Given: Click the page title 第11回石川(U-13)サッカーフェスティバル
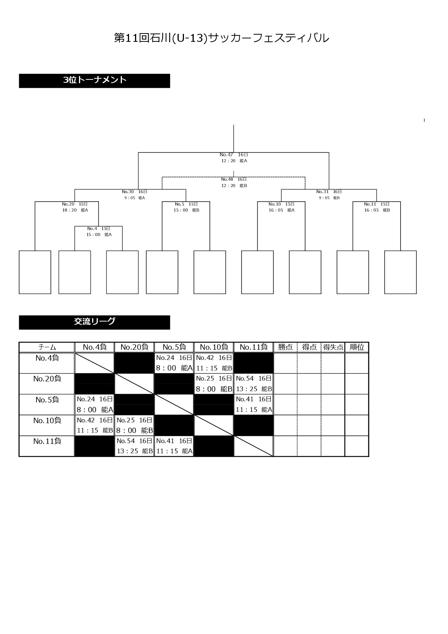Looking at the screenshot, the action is (222, 38).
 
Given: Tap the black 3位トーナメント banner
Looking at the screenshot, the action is (94, 81).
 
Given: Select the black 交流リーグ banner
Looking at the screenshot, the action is (94, 322).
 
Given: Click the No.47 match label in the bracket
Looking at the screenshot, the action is (234, 158).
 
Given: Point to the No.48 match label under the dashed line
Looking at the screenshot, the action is (234, 182).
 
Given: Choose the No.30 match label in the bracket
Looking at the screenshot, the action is (135, 195).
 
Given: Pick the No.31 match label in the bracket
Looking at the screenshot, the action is (329, 195).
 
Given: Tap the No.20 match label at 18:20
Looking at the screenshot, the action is (75, 207).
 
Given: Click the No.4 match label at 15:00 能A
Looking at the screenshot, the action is (99, 232).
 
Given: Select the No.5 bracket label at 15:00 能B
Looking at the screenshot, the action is (186, 207).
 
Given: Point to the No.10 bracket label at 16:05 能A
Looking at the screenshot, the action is (281, 207).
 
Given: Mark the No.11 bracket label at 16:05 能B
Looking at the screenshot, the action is (377, 207).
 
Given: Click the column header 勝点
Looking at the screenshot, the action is (285, 347).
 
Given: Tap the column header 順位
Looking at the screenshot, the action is (357, 347).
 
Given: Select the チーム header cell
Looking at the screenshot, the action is (47, 347).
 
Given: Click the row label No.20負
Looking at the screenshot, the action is (47, 379).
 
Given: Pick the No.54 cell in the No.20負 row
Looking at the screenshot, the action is (254, 384).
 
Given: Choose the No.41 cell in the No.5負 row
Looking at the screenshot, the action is (254, 404).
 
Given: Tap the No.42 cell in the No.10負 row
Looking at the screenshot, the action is (95, 425).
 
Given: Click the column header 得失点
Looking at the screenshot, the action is (333, 347).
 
